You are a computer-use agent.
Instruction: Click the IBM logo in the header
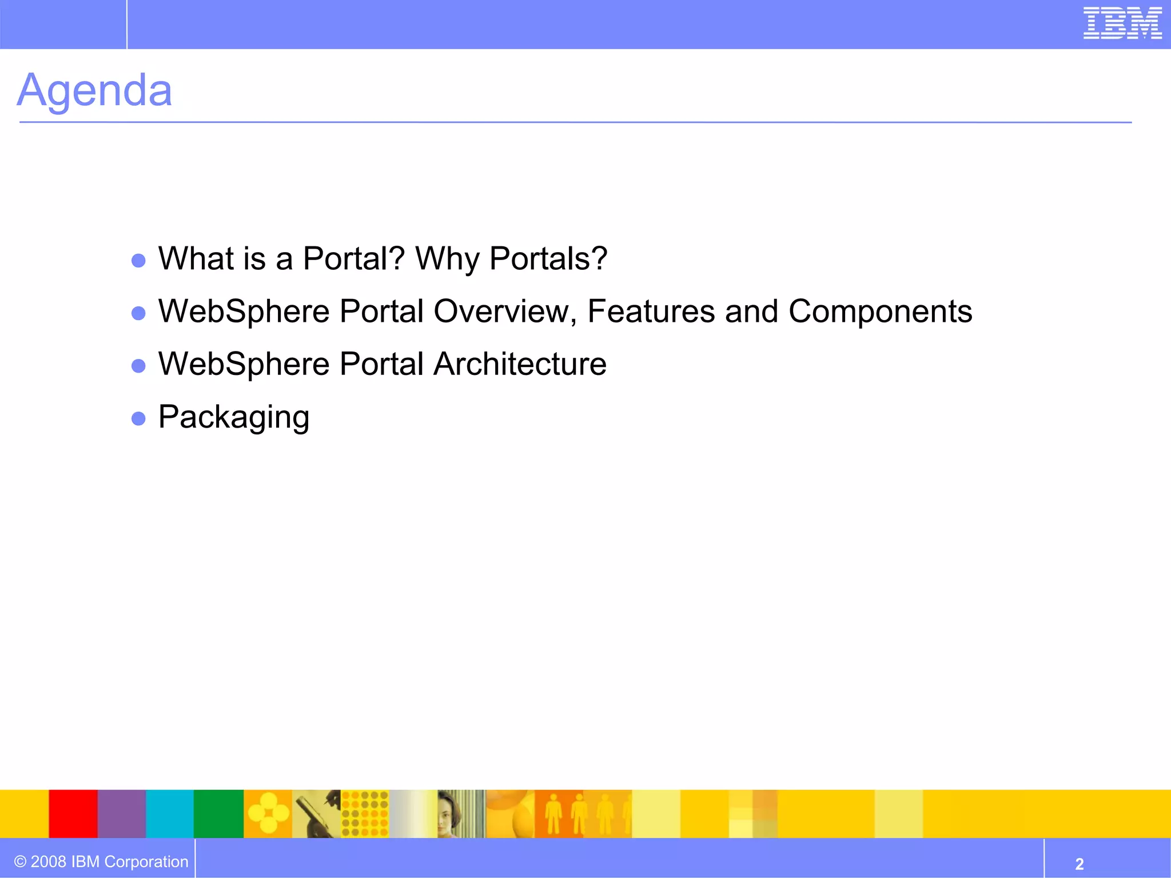coord(1122,23)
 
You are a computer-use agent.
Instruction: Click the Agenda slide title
coord(94,90)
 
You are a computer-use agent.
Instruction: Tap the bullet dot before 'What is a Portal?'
coord(138,261)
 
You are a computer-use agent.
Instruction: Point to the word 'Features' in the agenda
coord(651,312)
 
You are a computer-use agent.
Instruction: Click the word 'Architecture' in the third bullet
coord(520,364)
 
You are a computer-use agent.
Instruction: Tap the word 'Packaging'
coord(234,417)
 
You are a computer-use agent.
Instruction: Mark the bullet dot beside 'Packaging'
coord(138,419)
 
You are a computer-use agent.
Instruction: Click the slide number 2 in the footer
coord(1079,863)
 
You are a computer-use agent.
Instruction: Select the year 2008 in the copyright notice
coord(49,861)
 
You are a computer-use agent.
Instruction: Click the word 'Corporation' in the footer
coord(146,861)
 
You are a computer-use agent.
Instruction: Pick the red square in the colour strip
coord(73,813)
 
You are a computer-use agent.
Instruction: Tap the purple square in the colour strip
coord(122,813)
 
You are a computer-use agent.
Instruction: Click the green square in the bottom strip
coord(219,813)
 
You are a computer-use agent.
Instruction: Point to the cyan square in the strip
coord(170,813)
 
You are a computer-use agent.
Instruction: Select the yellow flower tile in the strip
coord(268,813)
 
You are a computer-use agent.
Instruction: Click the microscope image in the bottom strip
coord(316,813)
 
